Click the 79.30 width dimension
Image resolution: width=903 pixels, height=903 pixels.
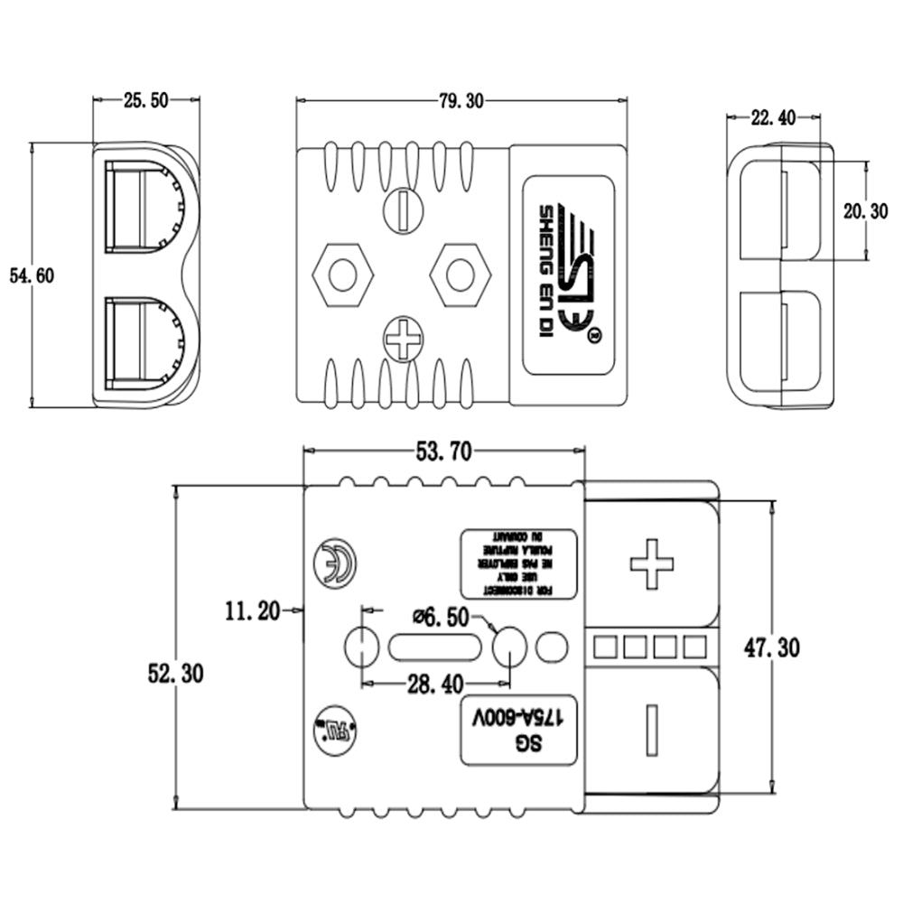point(461,101)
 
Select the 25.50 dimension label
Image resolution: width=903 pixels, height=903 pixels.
point(145,101)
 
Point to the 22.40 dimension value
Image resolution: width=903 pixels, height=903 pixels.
point(773,116)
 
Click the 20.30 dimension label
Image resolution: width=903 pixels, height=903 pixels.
point(866,210)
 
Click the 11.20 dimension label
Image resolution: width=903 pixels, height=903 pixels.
point(253,611)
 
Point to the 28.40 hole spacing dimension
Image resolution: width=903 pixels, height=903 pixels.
point(435,685)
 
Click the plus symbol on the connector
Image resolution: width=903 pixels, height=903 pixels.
point(651,563)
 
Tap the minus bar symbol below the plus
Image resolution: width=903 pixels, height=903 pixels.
point(651,730)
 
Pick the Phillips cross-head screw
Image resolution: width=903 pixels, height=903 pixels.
point(402,340)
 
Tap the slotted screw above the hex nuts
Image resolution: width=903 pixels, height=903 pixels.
point(402,210)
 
